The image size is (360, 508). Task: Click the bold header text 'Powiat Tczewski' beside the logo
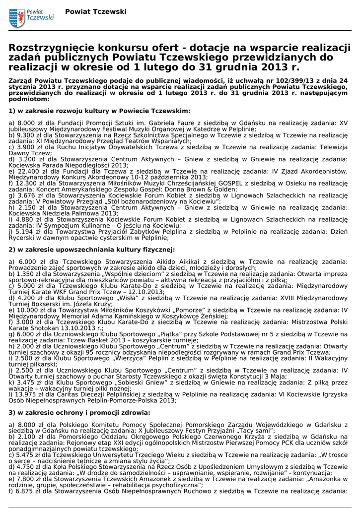point(95,11)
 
